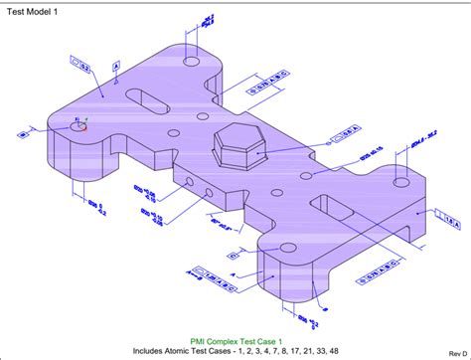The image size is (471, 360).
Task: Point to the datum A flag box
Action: click(116, 67)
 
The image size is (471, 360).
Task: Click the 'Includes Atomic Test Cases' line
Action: click(235, 350)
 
